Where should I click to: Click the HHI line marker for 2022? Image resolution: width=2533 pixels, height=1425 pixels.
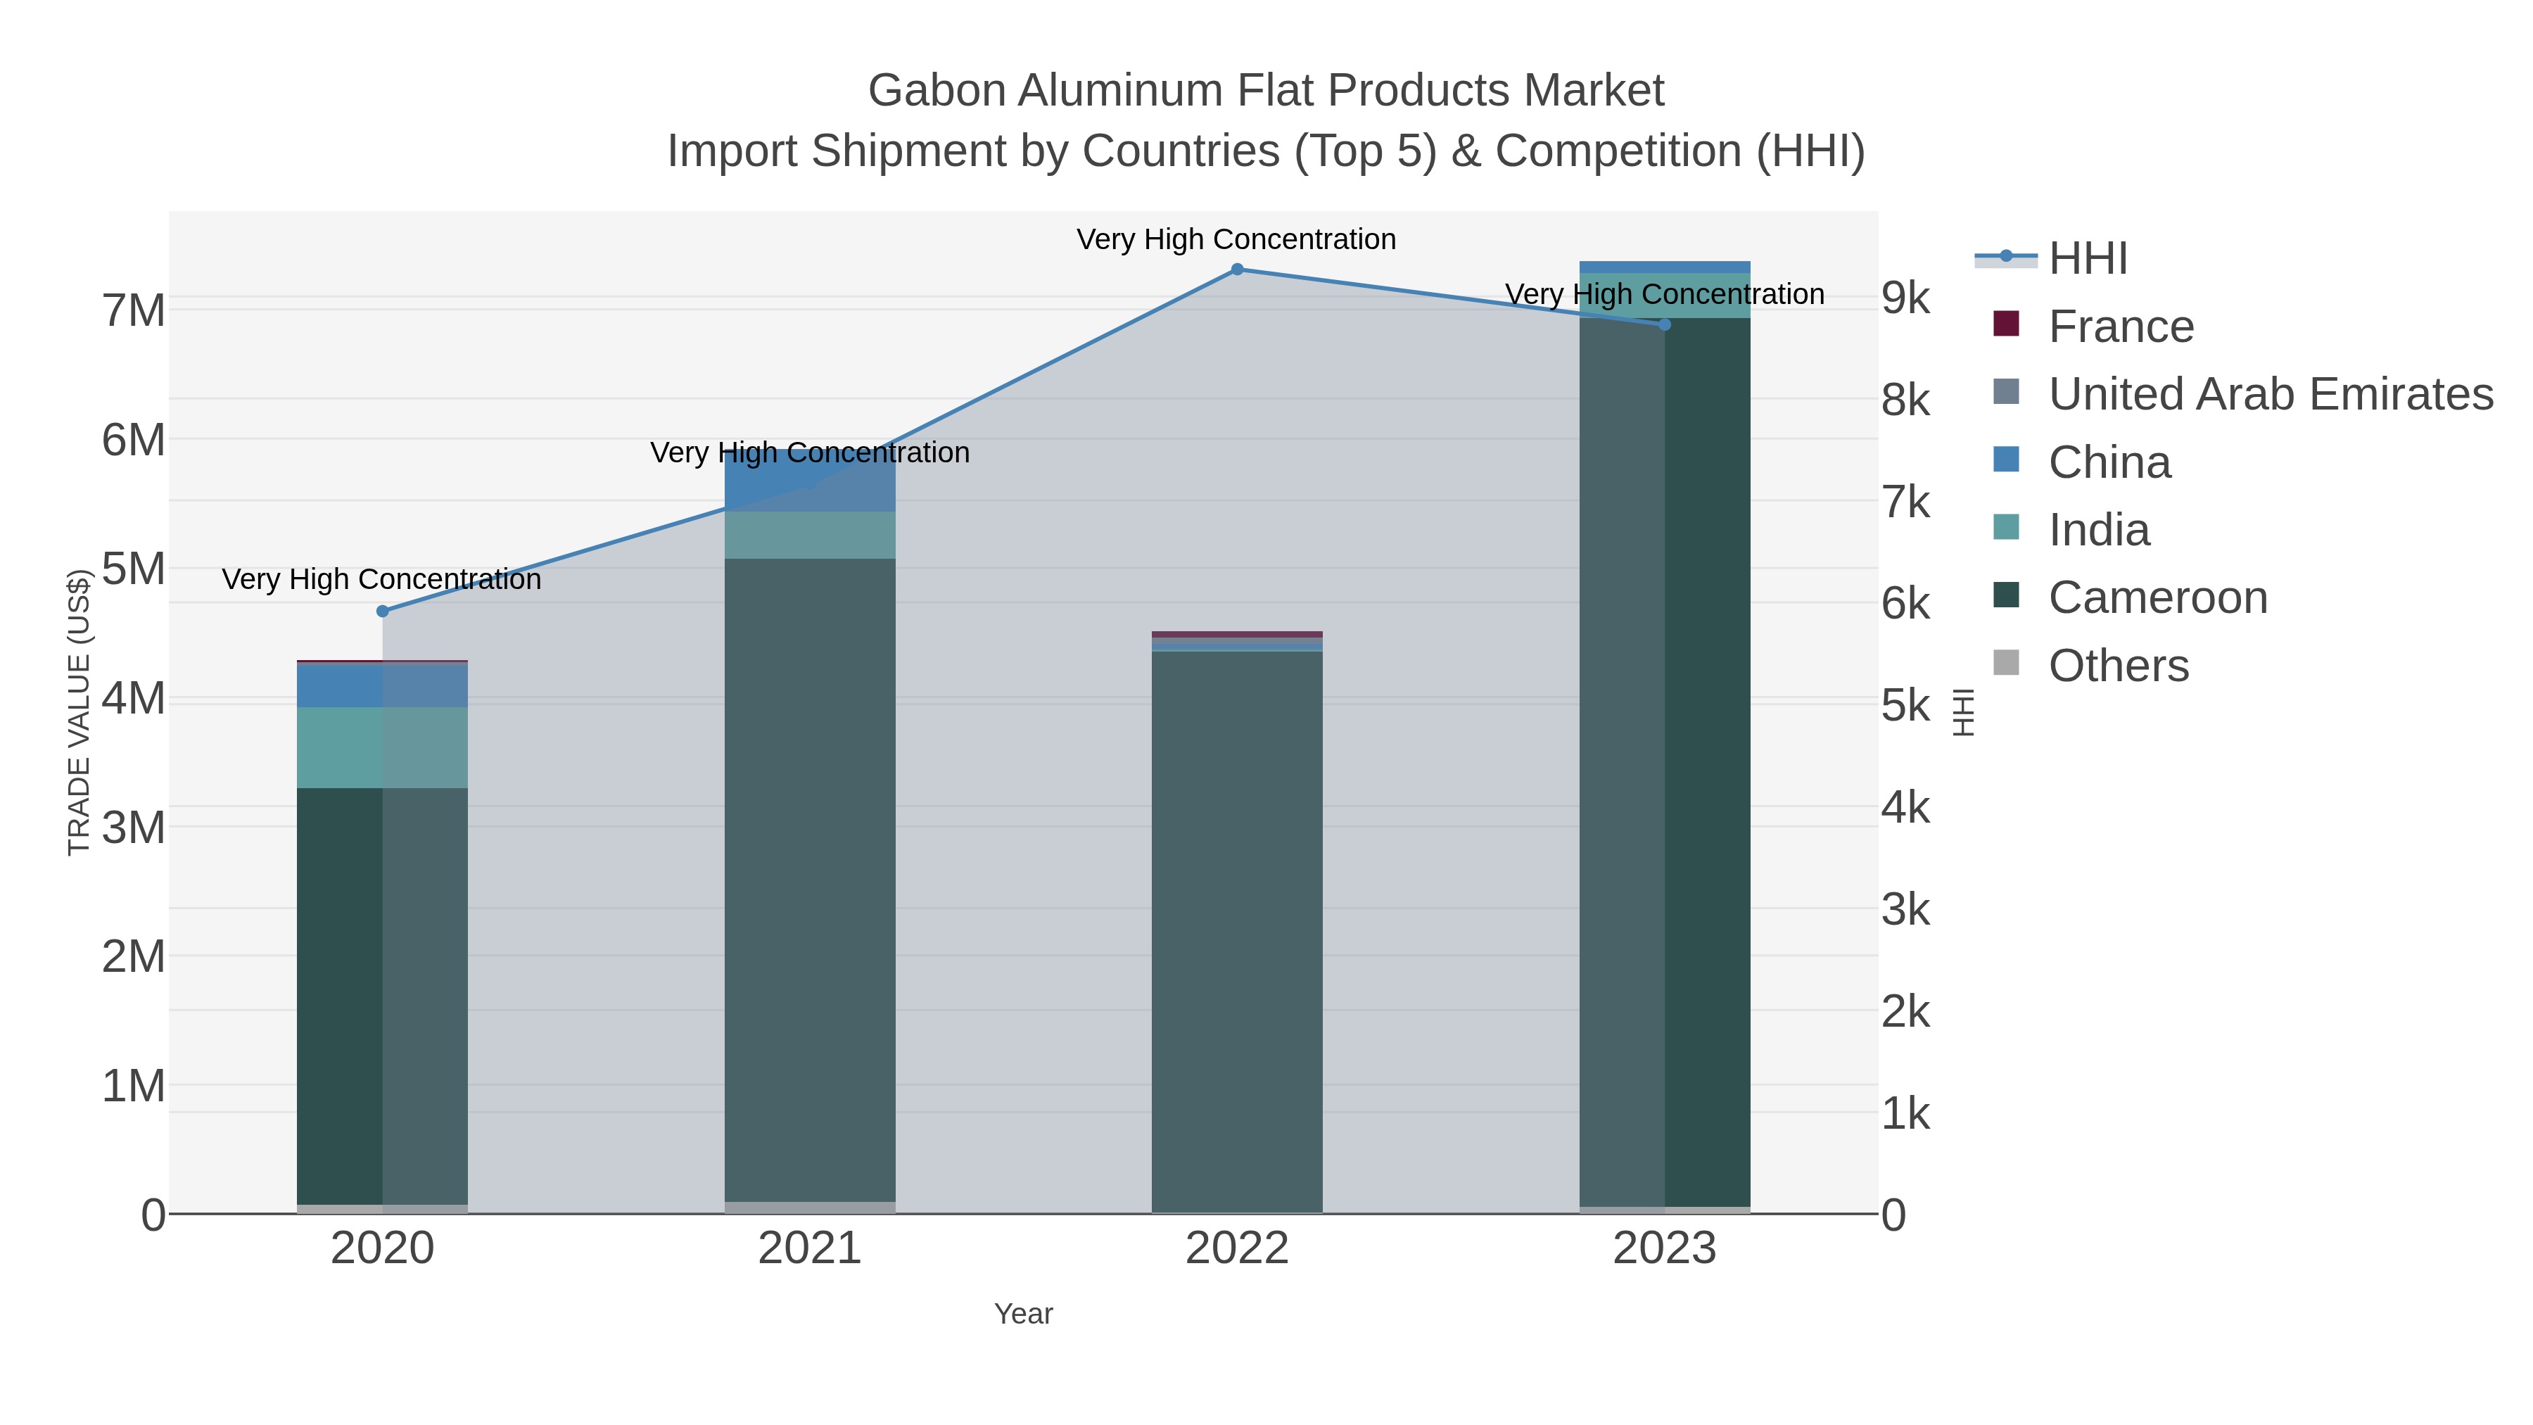click(1237, 270)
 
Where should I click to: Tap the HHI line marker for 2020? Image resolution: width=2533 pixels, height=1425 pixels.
click(383, 611)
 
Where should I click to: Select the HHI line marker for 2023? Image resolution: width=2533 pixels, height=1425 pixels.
click(1665, 324)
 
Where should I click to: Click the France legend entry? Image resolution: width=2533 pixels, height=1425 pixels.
click(2120, 327)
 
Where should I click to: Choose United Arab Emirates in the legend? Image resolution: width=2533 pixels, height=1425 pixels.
click(2269, 394)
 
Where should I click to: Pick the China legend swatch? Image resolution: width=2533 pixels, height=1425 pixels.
click(2006, 460)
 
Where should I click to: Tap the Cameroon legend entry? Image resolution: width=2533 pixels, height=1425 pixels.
click(2157, 598)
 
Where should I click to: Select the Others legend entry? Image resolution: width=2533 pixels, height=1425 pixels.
click(2118, 666)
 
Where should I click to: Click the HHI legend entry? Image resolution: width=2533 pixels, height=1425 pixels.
click(2087, 259)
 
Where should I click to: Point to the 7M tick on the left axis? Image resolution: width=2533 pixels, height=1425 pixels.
click(134, 311)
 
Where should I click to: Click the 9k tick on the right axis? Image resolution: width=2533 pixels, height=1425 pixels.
click(1905, 298)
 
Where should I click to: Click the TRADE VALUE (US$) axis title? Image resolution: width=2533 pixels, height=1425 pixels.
click(79, 712)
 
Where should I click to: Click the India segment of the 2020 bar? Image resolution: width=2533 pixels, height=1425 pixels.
click(383, 747)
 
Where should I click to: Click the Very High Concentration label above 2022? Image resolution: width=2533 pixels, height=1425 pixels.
click(1236, 240)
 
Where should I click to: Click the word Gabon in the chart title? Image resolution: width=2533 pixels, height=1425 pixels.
click(936, 91)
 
